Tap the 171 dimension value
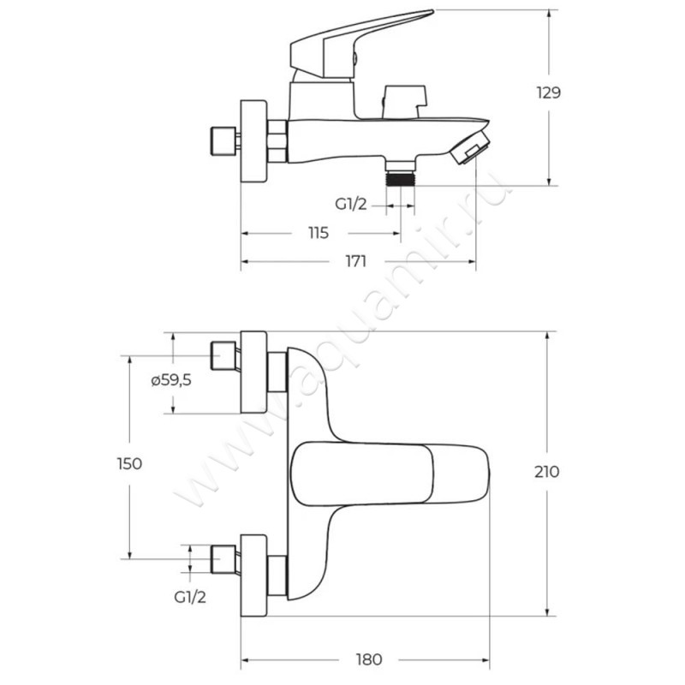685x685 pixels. (x=357, y=262)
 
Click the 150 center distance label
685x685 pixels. (x=128, y=463)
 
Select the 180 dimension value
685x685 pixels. (x=368, y=660)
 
